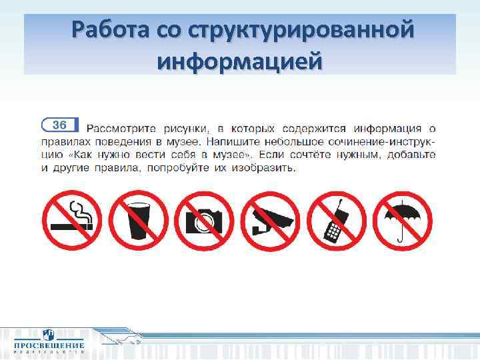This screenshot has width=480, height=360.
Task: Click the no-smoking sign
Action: (71, 220)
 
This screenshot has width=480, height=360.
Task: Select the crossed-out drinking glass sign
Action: (138, 220)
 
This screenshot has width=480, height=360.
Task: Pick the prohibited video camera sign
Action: (272, 220)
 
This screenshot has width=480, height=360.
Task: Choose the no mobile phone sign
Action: (339, 220)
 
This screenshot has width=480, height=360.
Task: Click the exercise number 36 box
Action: (59, 125)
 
